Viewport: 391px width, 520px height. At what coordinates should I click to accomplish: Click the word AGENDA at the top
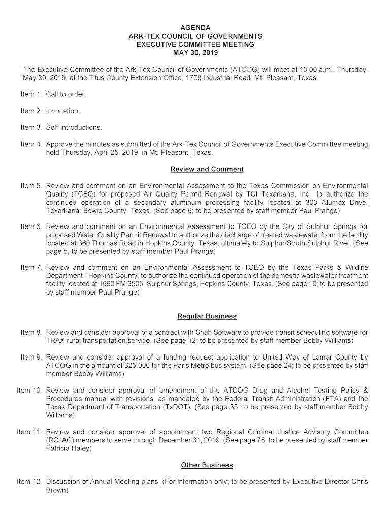pyautogui.click(x=195, y=27)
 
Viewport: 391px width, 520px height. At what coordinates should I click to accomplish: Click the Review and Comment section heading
pyautogui.click(x=207, y=169)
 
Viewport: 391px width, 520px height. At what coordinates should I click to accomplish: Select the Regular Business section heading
pyautogui.click(x=207, y=316)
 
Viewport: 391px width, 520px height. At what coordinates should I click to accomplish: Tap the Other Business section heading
pyautogui.click(x=207, y=465)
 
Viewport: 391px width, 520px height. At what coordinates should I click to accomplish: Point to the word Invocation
pyautogui.click(x=62, y=111)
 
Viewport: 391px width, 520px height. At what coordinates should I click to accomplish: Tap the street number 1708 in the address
pyautogui.click(x=200, y=78)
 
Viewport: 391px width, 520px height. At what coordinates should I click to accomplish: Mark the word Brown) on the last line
pyautogui.click(x=56, y=490)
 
